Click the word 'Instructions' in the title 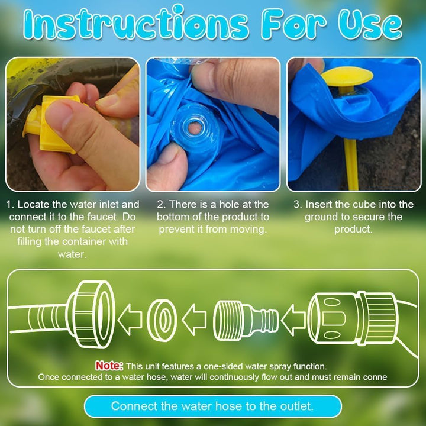pyautogui.click(x=136, y=24)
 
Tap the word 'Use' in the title pyautogui.click(x=370, y=24)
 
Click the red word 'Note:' pyautogui.click(x=109, y=366)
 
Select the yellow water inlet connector pyautogui.click(x=51, y=124)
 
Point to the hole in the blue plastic pyautogui.click(x=195, y=128)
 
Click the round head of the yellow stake pyautogui.click(x=347, y=76)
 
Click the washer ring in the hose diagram pyautogui.click(x=162, y=320)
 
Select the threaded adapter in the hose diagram pyautogui.click(x=246, y=320)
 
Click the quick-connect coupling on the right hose pyautogui.click(x=353, y=318)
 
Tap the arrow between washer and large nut pyautogui.click(x=130, y=319)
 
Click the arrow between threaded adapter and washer pyautogui.click(x=194, y=319)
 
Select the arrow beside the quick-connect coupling pyautogui.click(x=293, y=320)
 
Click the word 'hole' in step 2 pyautogui.click(x=229, y=204)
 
